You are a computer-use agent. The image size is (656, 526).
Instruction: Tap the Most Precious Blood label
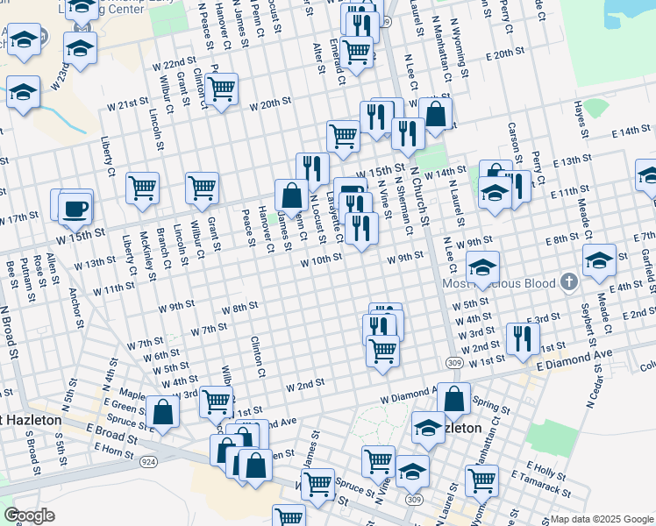click(501, 283)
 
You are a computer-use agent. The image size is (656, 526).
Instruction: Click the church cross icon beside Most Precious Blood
click(570, 282)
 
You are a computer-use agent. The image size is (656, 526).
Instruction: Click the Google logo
click(29, 515)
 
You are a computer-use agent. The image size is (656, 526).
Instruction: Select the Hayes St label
click(580, 125)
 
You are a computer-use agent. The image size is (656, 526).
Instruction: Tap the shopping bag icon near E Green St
click(163, 410)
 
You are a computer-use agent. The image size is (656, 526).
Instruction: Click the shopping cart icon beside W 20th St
click(222, 87)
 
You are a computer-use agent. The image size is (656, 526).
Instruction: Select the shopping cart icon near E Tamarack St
click(481, 479)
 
